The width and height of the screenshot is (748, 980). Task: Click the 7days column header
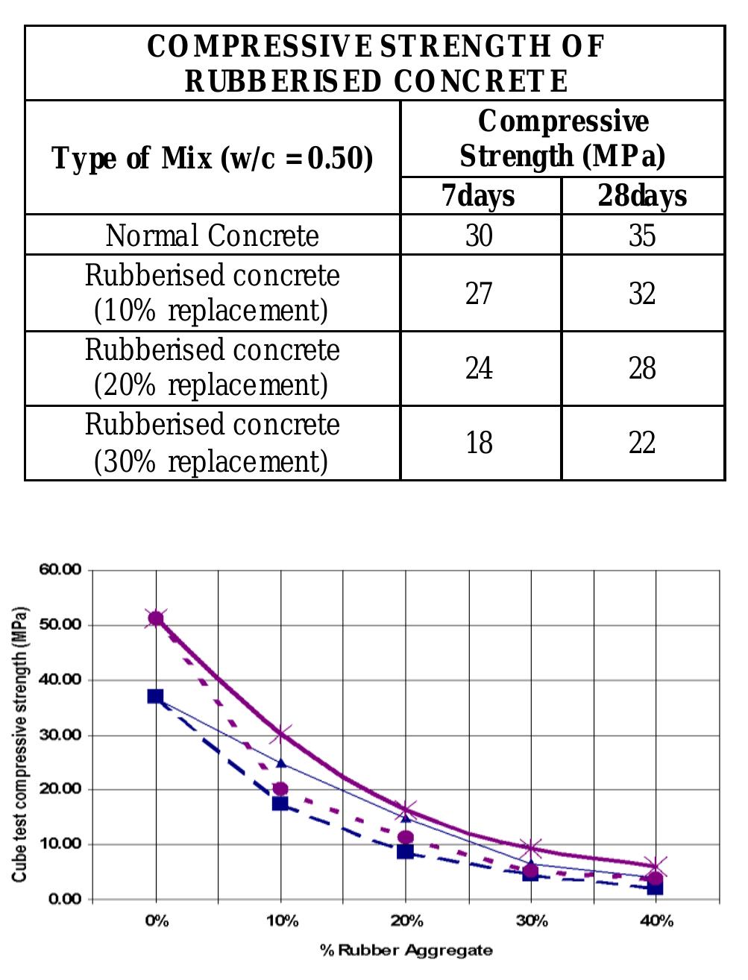point(478,196)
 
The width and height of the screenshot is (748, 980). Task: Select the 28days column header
point(642,196)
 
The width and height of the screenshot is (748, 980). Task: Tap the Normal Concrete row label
point(213,235)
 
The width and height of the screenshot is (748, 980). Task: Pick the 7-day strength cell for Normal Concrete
point(479,235)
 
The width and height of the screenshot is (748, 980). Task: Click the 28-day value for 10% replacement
point(642,294)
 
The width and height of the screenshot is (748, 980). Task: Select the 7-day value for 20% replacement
point(479,368)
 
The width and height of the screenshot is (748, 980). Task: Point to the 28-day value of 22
point(642,443)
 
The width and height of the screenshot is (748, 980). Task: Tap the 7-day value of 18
point(479,443)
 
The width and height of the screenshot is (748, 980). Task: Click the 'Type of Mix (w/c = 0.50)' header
point(213,158)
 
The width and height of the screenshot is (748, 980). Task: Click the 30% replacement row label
point(213,443)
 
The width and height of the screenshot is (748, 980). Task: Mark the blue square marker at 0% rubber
point(155,696)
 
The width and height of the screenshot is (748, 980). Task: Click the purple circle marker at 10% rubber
point(280,788)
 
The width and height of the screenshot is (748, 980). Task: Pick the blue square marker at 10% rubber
point(280,803)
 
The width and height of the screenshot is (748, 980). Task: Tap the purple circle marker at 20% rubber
point(406,838)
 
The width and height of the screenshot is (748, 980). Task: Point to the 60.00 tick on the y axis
point(60,569)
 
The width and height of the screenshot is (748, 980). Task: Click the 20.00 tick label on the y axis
point(60,789)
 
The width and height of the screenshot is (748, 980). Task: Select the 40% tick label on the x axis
point(656,921)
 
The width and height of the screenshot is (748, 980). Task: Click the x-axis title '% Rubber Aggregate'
point(406,950)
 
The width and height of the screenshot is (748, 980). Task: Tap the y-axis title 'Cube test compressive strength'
point(19,745)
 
